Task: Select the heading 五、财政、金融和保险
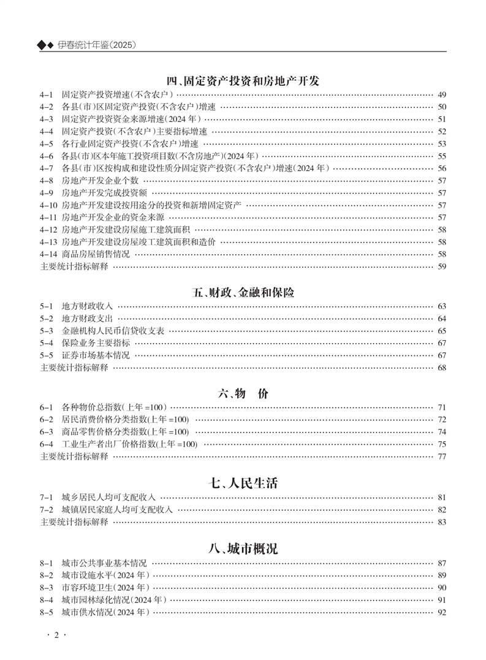(x=243, y=292)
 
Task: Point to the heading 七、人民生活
(x=243, y=483)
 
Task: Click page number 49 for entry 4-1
(x=442, y=95)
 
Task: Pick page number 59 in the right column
(x=442, y=266)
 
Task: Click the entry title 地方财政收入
(x=87, y=306)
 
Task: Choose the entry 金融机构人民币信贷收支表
(x=113, y=331)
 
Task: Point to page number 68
(x=442, y=368)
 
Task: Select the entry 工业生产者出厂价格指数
(x=129, y=444)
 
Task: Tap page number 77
(x=442, y=457)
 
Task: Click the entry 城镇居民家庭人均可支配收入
(x=117, y=509)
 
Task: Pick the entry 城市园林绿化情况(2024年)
(x=114, y=600)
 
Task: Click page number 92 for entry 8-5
(x=442, y=612)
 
